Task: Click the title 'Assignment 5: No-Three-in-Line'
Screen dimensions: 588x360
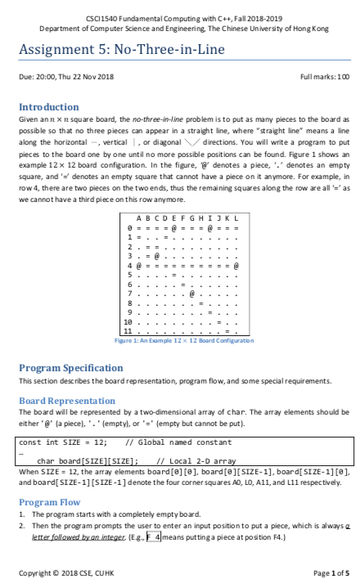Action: (122, 50)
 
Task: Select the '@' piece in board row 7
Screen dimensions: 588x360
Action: (191, 294)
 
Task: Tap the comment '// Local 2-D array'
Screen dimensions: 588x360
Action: (196, 461)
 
